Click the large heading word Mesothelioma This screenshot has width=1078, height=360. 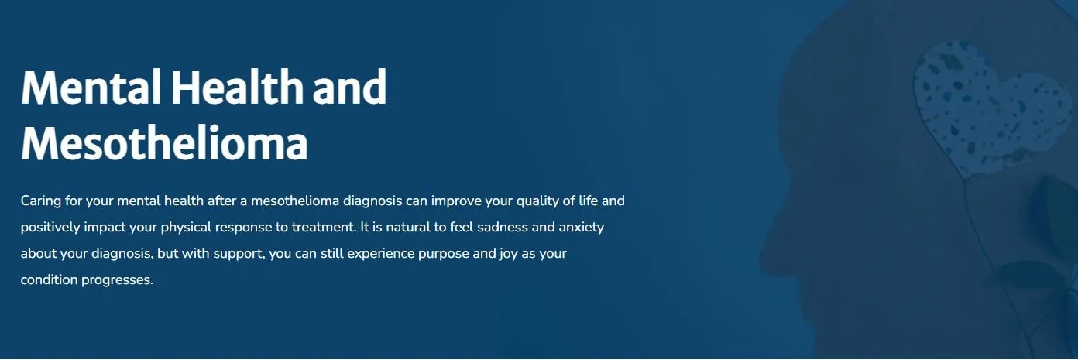(x=164, y=143)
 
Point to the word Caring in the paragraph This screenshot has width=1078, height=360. (x=40, y=201)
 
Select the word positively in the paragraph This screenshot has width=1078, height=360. (x=50, y=228)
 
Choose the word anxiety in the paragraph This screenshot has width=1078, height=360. (x=581, y=228)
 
